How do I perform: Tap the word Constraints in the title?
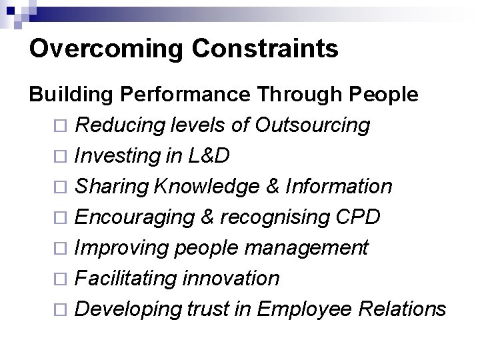(x=262, y=49)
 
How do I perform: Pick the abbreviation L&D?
(x=209, y=155)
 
